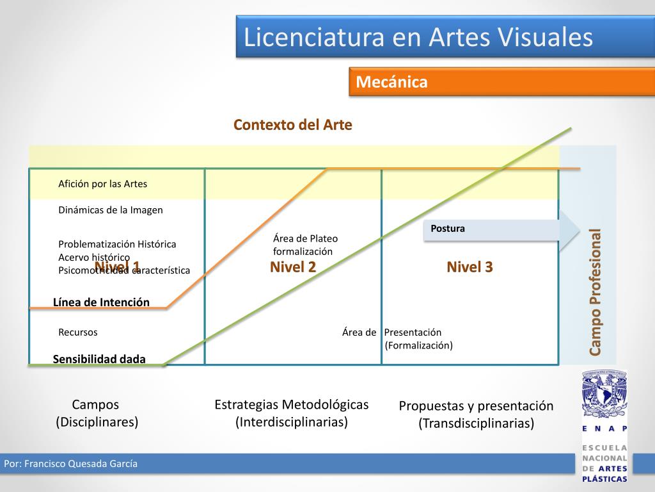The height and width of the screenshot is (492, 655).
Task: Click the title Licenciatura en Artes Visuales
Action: pos(418,37)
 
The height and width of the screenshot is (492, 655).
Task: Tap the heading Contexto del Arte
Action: pos(292,124)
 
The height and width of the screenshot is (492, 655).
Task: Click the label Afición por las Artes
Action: pos(102,184)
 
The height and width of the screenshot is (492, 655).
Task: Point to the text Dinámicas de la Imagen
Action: pos(111,210)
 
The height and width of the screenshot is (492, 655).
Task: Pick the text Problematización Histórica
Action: pos(117,244)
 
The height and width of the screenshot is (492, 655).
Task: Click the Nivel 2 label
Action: pos(293,267)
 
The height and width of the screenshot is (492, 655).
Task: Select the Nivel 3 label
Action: pos(470,267)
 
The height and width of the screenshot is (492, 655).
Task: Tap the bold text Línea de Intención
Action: pos(101,302)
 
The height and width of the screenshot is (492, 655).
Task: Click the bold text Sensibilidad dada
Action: pos(99,359)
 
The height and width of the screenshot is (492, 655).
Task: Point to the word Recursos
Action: pos(78,332)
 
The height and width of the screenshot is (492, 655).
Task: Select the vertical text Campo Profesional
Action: pos(596,291)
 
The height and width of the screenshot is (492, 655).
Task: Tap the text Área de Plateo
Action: pos(305,239)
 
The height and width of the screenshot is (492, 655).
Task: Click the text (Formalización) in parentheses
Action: pos(418,346)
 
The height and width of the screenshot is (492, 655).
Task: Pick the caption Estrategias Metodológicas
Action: pos(292,405)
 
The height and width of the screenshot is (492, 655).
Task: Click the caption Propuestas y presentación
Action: pos(476,406)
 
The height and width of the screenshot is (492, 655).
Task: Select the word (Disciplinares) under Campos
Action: pos(97,422)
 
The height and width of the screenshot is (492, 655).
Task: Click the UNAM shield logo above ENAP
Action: pos(604,394)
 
